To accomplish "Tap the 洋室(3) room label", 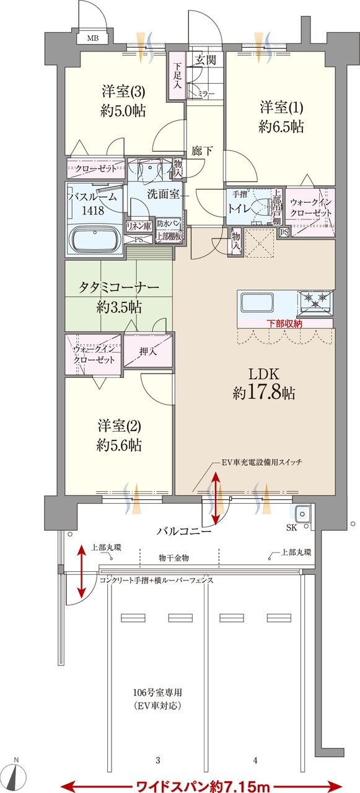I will (x=124, y=92).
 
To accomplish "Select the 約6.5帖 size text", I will (x=281, y=127).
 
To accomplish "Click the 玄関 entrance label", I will (x=205, y=60).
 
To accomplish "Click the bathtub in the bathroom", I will (x=95, y=239).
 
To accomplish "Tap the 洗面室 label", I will (x=163, y=193).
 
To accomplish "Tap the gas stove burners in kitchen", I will (x=315, y=302).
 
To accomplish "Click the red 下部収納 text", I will (x=285, y=323).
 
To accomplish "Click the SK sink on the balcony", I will (x=303, y=514).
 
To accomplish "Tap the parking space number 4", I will (x=255, y=760).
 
